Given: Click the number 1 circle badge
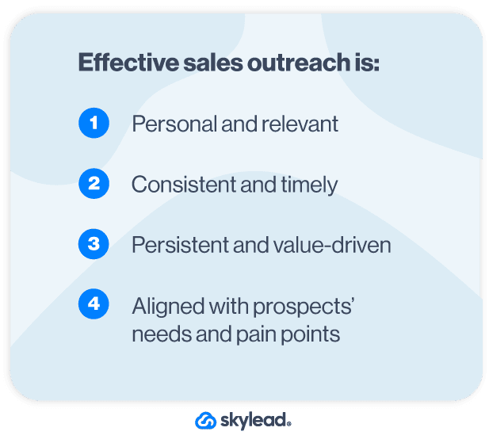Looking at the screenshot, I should pos(94,124).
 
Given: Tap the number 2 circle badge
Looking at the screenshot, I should pos(94,184).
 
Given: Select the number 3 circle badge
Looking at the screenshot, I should pos(94,244).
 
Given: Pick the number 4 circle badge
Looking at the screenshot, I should pos(94,304).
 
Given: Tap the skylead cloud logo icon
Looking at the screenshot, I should pos(206,421).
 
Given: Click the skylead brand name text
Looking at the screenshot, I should pos(256,421).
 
